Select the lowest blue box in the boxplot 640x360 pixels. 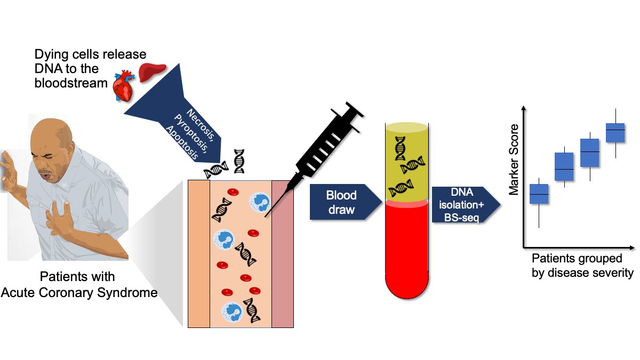pyautogui.click(x=539, y=194)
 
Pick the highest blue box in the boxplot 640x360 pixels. pyautogui.click(x=615, y=132)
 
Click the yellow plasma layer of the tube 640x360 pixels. pyautogui.click(x=406, y=163)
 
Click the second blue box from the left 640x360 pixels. pyautogui.click(x=564, y=167)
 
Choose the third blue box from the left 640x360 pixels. pyautogui.click(x=590, y=153)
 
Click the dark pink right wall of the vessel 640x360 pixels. pyautogui.click(x=283, y=253)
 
